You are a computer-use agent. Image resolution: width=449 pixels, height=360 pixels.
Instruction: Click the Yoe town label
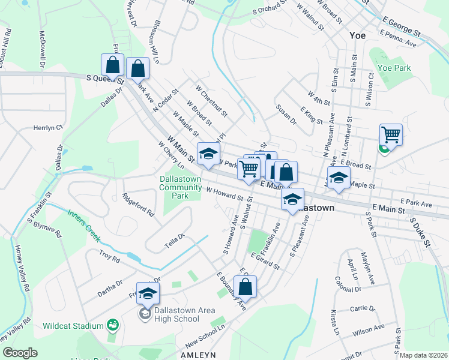pyautogui.click(x=358, y=35)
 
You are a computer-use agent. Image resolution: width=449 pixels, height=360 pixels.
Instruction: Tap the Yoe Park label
pyautogui.click(x=394, y=68)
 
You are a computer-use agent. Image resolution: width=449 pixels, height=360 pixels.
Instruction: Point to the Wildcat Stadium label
pyautogui.click(x=73, y=326)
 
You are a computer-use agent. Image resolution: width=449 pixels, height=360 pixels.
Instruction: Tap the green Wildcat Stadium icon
pyautogui.click(x=111, y=325)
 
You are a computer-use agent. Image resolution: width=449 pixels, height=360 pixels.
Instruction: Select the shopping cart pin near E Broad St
pyautogui.click(x=391, y=135)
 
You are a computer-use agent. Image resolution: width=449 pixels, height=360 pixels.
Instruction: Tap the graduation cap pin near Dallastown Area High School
pyautogui.click(x=148, y=293)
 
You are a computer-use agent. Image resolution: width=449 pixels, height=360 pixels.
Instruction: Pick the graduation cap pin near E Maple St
pyautogui.click(x=339, y=178)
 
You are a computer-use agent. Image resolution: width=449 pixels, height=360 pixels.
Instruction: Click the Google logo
pyautogui.click(x=20, y=353)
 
